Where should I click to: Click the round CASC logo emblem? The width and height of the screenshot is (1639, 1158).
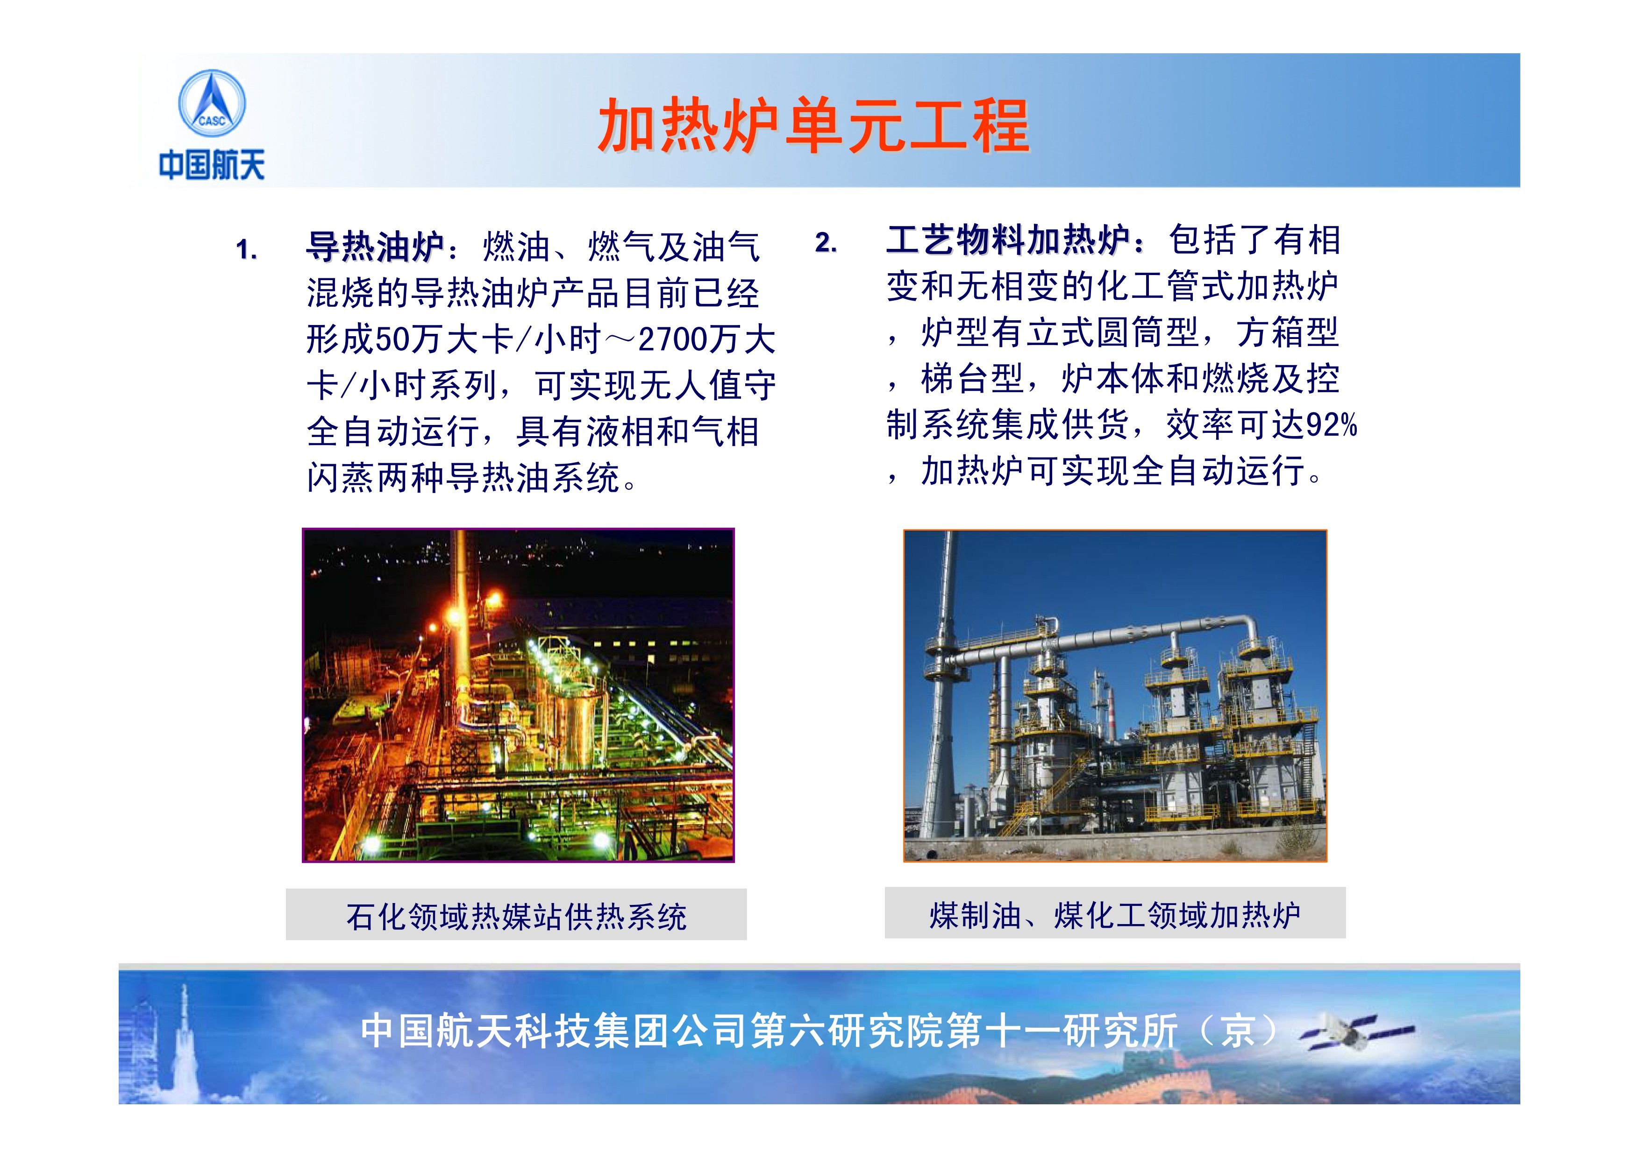(211, 104)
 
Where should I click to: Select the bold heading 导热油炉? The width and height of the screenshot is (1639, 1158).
(376, 247)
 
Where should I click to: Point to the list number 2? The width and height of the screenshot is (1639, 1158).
(826, 243)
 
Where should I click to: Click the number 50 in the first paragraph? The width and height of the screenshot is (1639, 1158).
(392, 339)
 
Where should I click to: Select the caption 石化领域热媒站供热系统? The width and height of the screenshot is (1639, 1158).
(516, 916)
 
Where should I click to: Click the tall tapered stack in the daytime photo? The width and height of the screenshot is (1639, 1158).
(939, 685)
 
